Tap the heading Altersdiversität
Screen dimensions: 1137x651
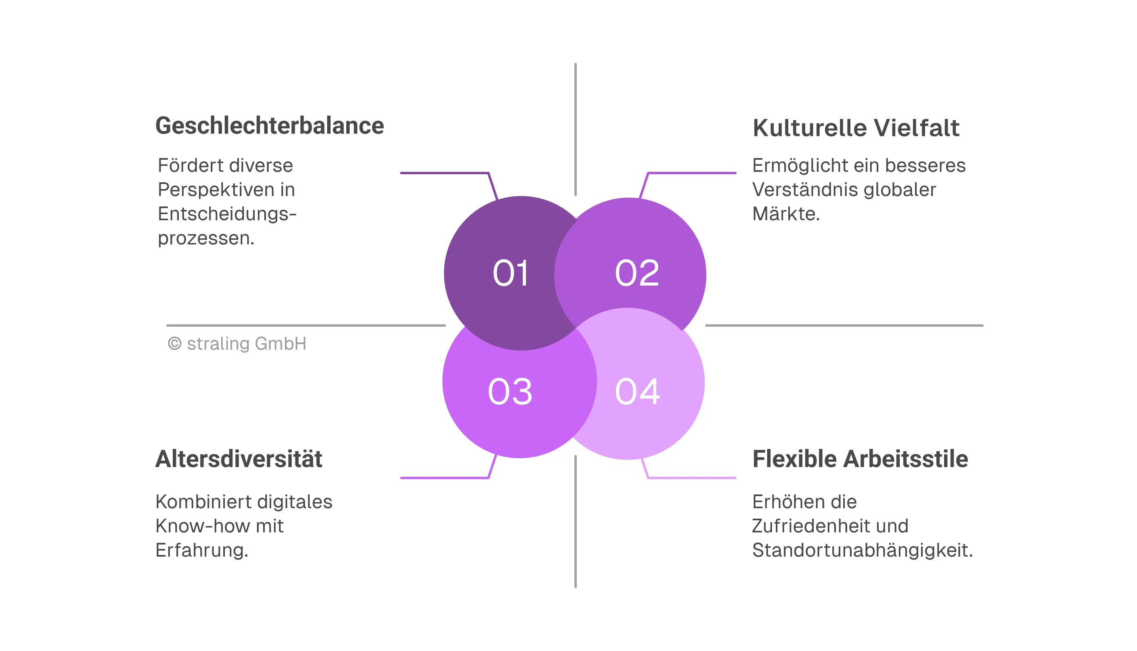coord(239,459)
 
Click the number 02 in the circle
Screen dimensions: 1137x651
coord(637,273)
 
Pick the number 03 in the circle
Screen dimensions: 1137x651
coord(510,392)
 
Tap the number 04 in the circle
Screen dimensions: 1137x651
coord(637,392)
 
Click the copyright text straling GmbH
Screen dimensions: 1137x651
coord(246,344)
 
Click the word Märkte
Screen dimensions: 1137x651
coord(785,214)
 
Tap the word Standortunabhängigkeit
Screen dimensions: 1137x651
coord(861,551)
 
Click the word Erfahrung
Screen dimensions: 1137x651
coord(201,551)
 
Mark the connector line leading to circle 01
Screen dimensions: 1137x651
coord(445,173)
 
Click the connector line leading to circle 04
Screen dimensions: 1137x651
coord(691,478)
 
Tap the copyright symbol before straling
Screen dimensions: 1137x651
coord(174,344)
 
